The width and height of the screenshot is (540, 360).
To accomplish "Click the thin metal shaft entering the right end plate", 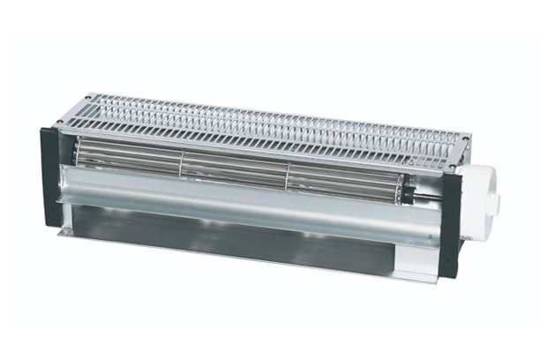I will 433,192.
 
